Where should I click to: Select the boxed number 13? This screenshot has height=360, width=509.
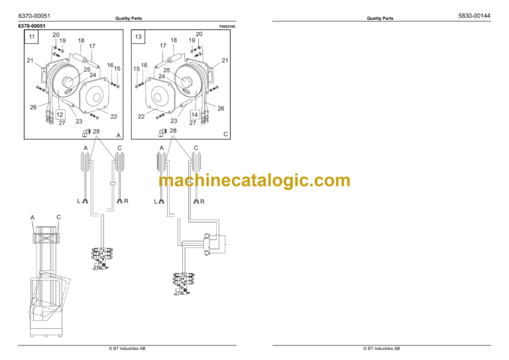point(139,38)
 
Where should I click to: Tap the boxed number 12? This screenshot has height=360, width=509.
point(60,114)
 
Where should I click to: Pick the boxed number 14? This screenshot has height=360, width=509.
point(194,114)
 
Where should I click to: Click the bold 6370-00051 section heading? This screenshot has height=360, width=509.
point(32,27)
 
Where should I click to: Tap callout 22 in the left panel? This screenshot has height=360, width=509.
point(113,117)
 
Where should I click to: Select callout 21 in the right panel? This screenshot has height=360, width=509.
point(225,61)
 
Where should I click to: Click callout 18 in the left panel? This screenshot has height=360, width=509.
point(81,40)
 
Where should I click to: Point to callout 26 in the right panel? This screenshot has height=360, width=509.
point(221,108)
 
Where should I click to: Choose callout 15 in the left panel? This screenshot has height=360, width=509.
point(117,68)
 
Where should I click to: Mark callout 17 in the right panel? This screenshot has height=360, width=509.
point(162,46)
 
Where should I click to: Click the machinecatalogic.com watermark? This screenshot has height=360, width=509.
point(254,180)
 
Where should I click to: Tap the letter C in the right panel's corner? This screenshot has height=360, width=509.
point(225,135)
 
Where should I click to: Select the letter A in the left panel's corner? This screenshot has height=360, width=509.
point(118,135)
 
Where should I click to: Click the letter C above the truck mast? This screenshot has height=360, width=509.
point(58,217)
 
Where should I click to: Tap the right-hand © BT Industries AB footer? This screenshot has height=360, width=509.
point(381,348)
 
